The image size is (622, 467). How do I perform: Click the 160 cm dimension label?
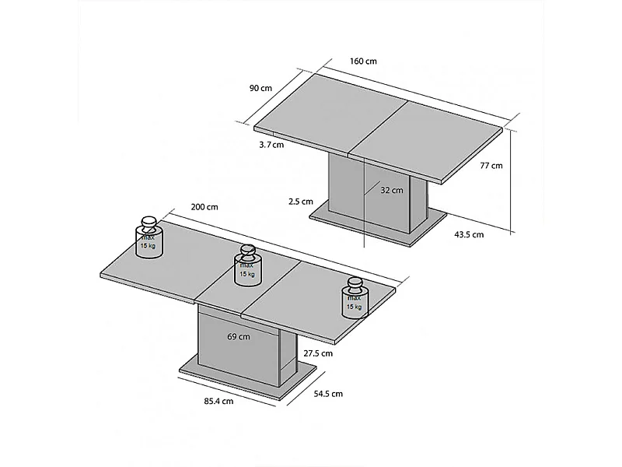364,61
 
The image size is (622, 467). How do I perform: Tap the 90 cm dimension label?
260,88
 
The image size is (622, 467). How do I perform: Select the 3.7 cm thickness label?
271,144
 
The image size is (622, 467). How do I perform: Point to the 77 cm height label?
491,165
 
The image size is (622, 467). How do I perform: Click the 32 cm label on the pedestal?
392,190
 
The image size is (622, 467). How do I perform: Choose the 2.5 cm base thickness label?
300,202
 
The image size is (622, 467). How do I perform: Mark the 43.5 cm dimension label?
468,234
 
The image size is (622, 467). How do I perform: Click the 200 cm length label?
204,207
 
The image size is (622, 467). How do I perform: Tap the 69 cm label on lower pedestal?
239,336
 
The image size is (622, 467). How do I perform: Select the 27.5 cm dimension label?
317,353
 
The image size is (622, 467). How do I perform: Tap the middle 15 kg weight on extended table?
247,269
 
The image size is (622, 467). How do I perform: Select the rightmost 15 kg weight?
355,301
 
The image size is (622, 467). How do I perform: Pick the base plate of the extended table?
249,380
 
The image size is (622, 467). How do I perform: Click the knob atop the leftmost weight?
148,221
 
